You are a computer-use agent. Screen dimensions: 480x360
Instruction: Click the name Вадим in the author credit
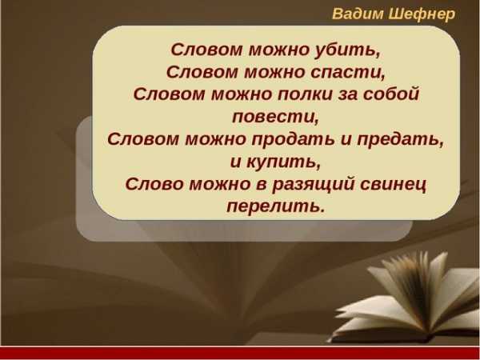pos(358,14)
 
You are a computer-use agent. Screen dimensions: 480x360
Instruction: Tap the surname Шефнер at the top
pos(422,14)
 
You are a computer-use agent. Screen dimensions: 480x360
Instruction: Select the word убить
pos(347,50)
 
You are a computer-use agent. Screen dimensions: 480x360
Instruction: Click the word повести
pos(275,116)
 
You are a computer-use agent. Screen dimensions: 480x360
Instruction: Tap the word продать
pos(293,139)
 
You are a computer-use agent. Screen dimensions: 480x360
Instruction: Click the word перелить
pos(275,206)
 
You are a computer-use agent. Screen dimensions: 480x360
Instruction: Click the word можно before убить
pos(278,50)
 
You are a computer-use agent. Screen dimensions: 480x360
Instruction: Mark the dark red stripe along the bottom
pos(240,354)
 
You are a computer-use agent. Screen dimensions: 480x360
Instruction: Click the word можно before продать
pos(216,139)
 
